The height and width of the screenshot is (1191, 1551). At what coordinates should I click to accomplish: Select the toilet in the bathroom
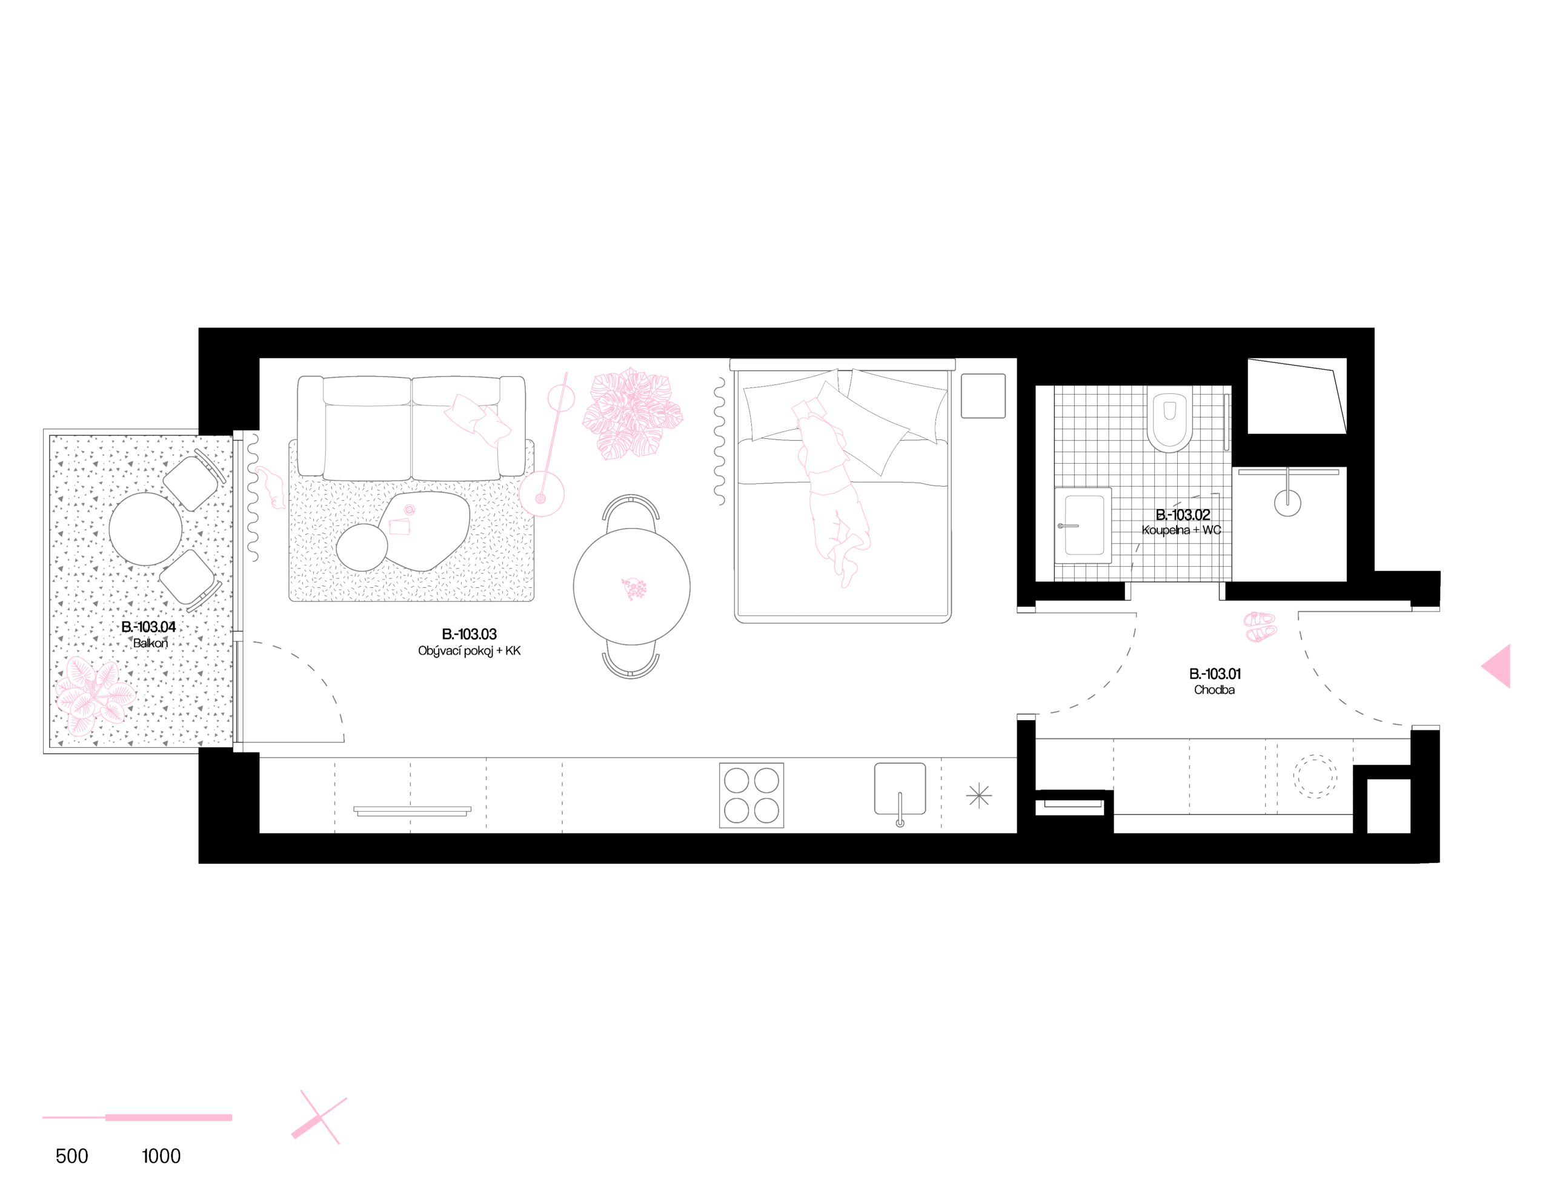[x=1170, y=418]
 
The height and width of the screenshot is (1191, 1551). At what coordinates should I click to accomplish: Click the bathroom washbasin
[x=1083, y=525]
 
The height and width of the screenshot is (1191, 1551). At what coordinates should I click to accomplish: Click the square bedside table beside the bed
[x=983, y=396]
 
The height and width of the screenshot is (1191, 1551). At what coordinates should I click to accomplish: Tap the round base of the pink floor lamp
[x=541, y=495]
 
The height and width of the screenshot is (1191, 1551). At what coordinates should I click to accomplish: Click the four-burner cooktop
[x=751, y=795]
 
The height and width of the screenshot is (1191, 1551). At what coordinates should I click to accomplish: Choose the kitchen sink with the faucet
[x=899, y=789]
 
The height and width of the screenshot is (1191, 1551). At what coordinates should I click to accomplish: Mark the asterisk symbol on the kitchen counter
[x=978, y=795]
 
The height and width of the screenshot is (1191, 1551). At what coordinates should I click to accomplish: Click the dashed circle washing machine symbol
[x=1315, y=776]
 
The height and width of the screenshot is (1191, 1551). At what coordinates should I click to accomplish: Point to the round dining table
[x=631, y=586]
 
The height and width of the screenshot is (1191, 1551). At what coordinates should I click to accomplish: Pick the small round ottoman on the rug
[x=361, y=547]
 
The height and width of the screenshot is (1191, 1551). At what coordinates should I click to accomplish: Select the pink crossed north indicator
[x=319, y=1117]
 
